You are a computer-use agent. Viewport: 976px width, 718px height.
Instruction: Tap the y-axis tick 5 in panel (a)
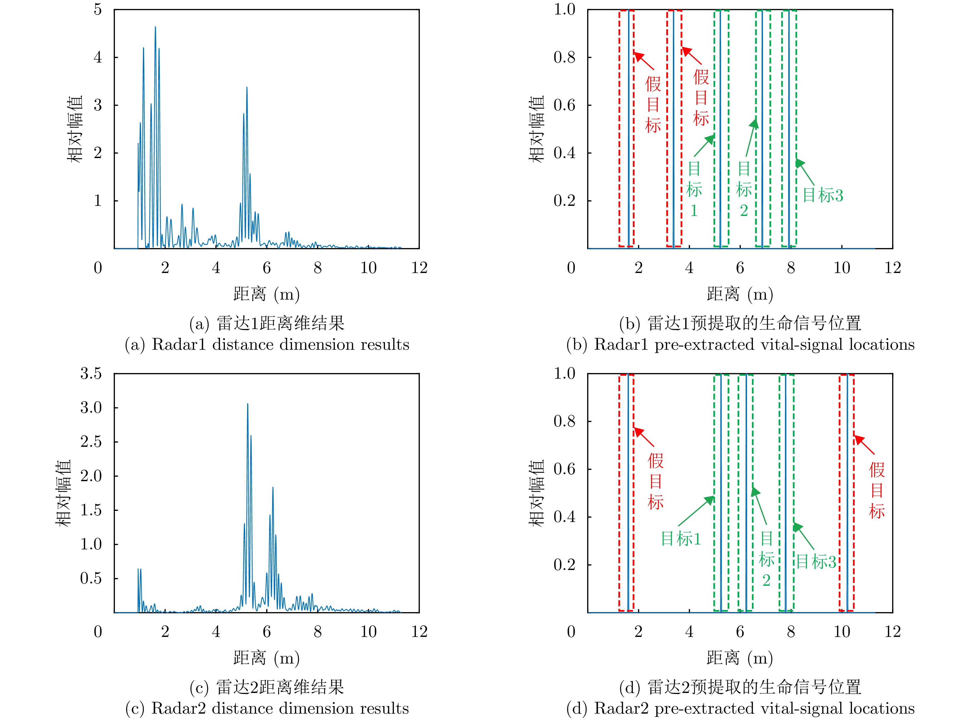pyautogui.click(x=98, y=10)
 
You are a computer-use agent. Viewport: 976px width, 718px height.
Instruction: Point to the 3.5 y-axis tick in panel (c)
pyautogui.click(x=91, y=373)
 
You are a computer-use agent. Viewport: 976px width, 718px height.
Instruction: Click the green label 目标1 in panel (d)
pyautogui.click(x=681, y=539)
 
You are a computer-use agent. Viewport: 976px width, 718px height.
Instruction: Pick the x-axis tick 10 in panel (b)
pyautogui.click(x=842, y=268)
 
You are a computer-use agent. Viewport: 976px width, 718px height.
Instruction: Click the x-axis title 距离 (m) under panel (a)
pyautogui.click(x=266, y=294)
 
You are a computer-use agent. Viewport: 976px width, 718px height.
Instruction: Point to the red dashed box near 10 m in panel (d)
pyautogui.click(x=846, y=493)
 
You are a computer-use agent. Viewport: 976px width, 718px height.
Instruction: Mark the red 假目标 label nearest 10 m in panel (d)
pyautogui.click(x=877, y=490)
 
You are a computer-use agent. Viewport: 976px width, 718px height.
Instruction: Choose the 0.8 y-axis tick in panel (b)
pyautogui.click(x=564, y=57)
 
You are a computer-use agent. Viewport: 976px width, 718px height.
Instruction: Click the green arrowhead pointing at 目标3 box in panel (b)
pyautogui.click(x=800, y=163)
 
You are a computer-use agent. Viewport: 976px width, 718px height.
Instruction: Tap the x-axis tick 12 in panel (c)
pyautogui.click(x=419, y=631)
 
